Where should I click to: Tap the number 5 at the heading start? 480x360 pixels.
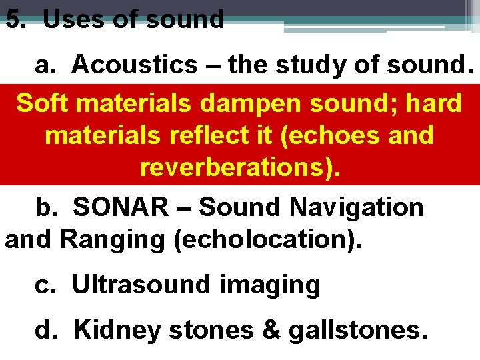point(14,19)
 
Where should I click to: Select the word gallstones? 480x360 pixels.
point(357,329)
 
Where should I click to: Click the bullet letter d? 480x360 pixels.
point(44,329)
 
